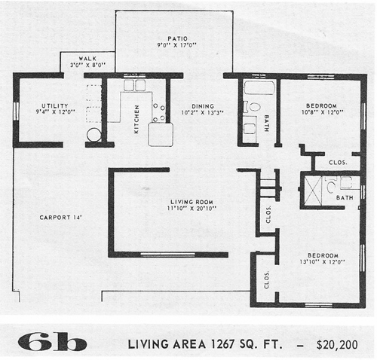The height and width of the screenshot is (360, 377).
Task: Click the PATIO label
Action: pyautogui.click(x=178, y=38)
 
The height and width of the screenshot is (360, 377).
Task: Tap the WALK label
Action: pyautogui.click(x=87, y=59)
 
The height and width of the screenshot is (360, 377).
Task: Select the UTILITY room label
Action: pyautogui.click(x=55, y=105)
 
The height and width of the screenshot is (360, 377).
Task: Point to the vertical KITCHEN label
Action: pyautogui.click(x=136, y=119)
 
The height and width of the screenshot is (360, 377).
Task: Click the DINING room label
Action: pyautogui.click(x=203, y=106)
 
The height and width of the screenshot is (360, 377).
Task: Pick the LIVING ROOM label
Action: pyautogui.click(x=192, y=202)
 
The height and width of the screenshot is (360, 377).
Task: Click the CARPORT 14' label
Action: pyautogui.click(x=60, y=218)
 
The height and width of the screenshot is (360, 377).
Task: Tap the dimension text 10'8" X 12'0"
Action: pyautogui.click(x=323, y=112)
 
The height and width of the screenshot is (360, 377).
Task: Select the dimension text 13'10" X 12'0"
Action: pyautogui.click(x=322, y=262)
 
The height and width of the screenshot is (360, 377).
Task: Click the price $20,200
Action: pyautogui.click(x=337, y=345)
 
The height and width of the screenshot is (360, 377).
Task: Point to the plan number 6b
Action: pyautogui.click(x=52, y=342)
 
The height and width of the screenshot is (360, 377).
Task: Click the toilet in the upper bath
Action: pyautogui.click(x=253, y=107)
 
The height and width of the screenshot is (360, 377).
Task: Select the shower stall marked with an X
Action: pyautogui.click(x=313, y=191)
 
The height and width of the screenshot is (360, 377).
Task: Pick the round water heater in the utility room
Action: pyautogui.click(x=93, y=135)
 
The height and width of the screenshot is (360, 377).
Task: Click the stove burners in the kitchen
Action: pyautogui.click(x=159, y=112)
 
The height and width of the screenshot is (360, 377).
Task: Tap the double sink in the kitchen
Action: pyautogui.click(x=134, y=85)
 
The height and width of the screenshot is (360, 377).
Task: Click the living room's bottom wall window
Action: pyautogui.click(x=168, y=255)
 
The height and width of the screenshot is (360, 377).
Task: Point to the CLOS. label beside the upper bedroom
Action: pyautogui.click(x=338, y=163)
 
